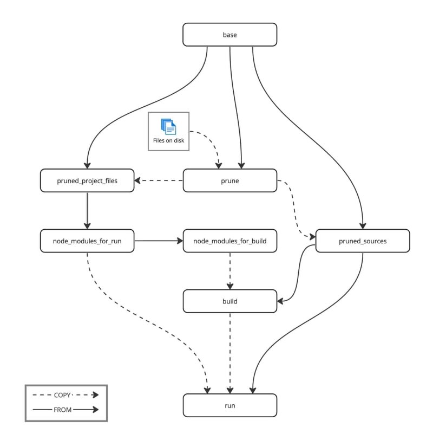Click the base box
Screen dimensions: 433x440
pos(229,35)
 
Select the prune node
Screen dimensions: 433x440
pos(229,180)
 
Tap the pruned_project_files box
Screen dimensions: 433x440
pos(87,180)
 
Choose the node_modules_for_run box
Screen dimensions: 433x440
pos(87,241)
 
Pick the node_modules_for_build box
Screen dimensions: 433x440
pos(229,241)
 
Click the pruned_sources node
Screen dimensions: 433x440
pos(363,241)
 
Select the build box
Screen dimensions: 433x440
pos(229,301)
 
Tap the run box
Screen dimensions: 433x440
pos(229,405)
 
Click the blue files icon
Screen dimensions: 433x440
pos(168,127)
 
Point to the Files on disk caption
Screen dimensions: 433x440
pos(168,140)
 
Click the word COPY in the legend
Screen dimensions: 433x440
pos(62,395)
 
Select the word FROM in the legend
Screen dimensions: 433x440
pos(62,410)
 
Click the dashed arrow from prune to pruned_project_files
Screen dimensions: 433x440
pos(159,180)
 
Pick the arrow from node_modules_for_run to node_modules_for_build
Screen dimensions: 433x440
pos(159,241)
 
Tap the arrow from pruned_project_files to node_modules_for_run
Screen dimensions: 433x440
pos(87,211)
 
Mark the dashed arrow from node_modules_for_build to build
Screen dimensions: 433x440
pos(230,271)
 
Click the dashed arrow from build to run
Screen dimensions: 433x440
pos(230,353)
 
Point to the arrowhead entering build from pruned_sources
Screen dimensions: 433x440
pos(280,301)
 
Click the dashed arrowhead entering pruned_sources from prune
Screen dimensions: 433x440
pos(312,237)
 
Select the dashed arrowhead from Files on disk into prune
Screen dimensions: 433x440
pos(219,166)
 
